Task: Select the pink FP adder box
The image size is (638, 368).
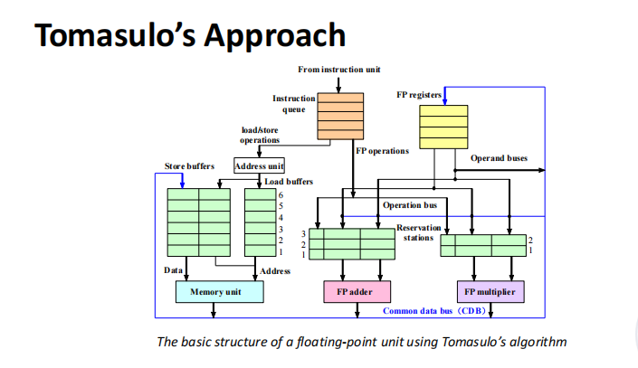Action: coord(354,292)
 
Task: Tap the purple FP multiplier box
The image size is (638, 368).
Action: coord(490,292)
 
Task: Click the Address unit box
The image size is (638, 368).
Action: coord(259,166)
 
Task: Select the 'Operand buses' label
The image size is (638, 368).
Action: coord(499,158)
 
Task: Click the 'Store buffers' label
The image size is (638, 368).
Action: coord(189,166)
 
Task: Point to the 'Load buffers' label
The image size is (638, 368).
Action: coord(289,182)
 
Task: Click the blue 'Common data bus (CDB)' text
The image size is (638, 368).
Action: coord(434,311)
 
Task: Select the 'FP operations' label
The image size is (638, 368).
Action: coord(382,151)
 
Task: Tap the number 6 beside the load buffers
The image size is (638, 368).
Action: coord(281,194)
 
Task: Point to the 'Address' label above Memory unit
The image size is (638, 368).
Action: coord(275,270)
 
